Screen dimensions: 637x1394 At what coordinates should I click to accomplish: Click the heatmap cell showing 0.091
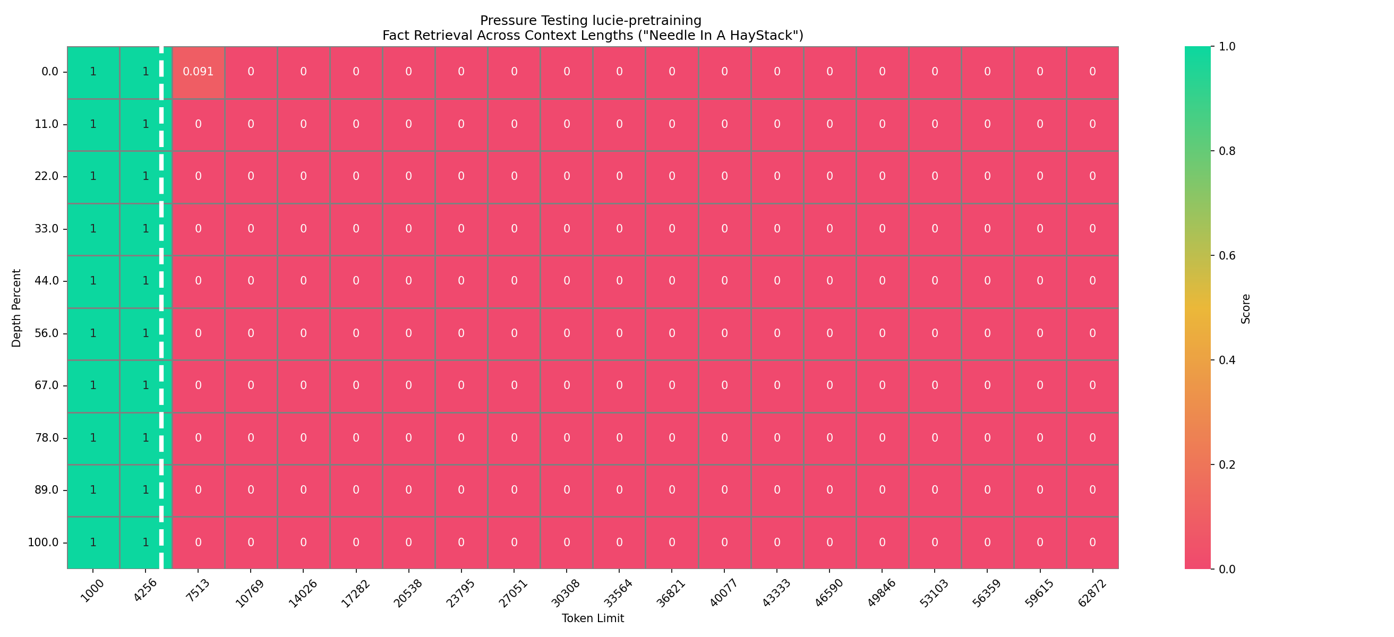198,72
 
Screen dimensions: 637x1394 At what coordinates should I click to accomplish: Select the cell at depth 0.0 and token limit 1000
93,72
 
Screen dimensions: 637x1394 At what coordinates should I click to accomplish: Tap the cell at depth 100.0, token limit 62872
1092,543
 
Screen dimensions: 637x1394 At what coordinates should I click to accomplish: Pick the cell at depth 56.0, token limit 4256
146,333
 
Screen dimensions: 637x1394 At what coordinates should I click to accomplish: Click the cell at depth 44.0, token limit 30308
567,281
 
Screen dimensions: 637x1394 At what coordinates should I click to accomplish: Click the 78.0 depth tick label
47,437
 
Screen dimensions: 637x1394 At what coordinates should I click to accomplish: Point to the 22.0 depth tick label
47,176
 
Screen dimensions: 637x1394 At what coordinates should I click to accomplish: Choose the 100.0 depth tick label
44,543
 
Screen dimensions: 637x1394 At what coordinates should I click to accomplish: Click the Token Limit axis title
593,618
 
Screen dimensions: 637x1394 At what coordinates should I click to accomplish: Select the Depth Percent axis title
17,308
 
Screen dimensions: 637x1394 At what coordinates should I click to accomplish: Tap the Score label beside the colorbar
1246,309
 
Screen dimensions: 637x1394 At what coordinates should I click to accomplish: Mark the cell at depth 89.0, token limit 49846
882,490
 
